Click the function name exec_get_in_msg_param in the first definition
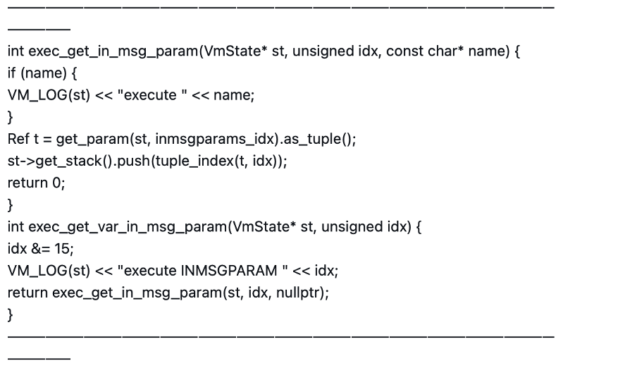[x=113, y=51]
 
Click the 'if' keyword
[x=11, y=73]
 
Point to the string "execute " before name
[x=152, y=95]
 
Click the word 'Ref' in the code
[x=18, y=139]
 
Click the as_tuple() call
[x=319, y=139]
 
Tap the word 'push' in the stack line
[x=134, y=161]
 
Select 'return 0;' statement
[x=37, y=183]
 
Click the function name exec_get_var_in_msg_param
[x=128, y=227]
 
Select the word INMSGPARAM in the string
[x=229, y=271]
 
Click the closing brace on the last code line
[x=10, y=314]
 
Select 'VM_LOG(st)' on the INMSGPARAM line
[x=49, y=271]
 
